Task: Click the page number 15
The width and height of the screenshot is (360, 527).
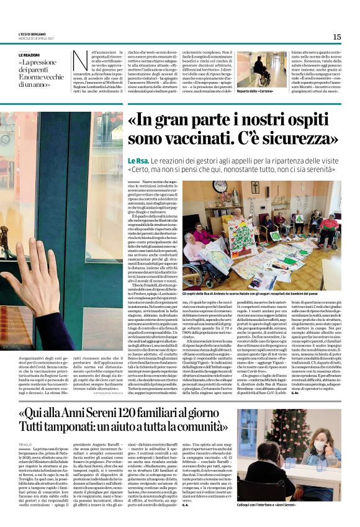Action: point(336,37)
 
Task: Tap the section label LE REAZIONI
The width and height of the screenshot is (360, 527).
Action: point(32,55)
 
